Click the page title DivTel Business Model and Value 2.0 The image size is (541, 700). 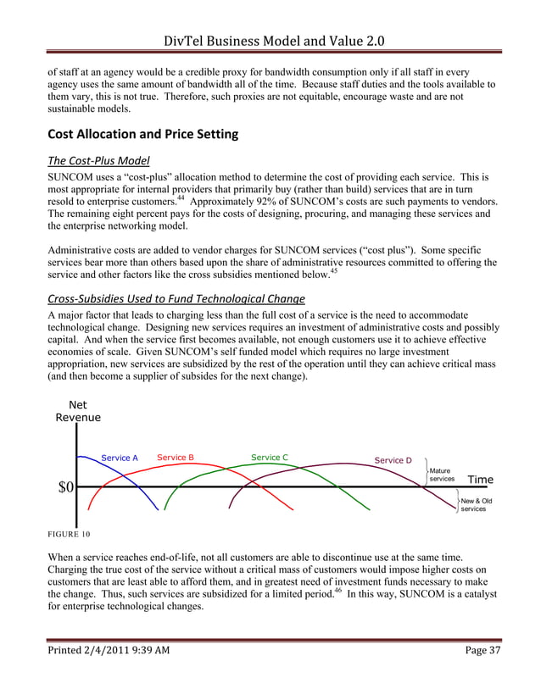click(x=270, y=18)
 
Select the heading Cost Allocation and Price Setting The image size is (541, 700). click(x=142, y=134)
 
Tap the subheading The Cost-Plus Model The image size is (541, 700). click(x=99, y=162)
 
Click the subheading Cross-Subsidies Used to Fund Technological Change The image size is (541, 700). click(x=176, y=297)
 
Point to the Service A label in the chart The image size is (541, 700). click(x=120, y=458)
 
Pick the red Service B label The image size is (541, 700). click(x=176, y=458)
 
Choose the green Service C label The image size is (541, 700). click(x=270, y=458)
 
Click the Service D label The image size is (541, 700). click(x=393, y=460)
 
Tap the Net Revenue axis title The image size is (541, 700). click(x=78, y=411)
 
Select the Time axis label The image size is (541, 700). click(x=480, y=480)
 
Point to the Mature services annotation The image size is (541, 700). click(x=442, y=475)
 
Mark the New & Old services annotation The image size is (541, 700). click(x=476, y=505)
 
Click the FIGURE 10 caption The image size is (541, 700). click(x=69, y=534)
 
